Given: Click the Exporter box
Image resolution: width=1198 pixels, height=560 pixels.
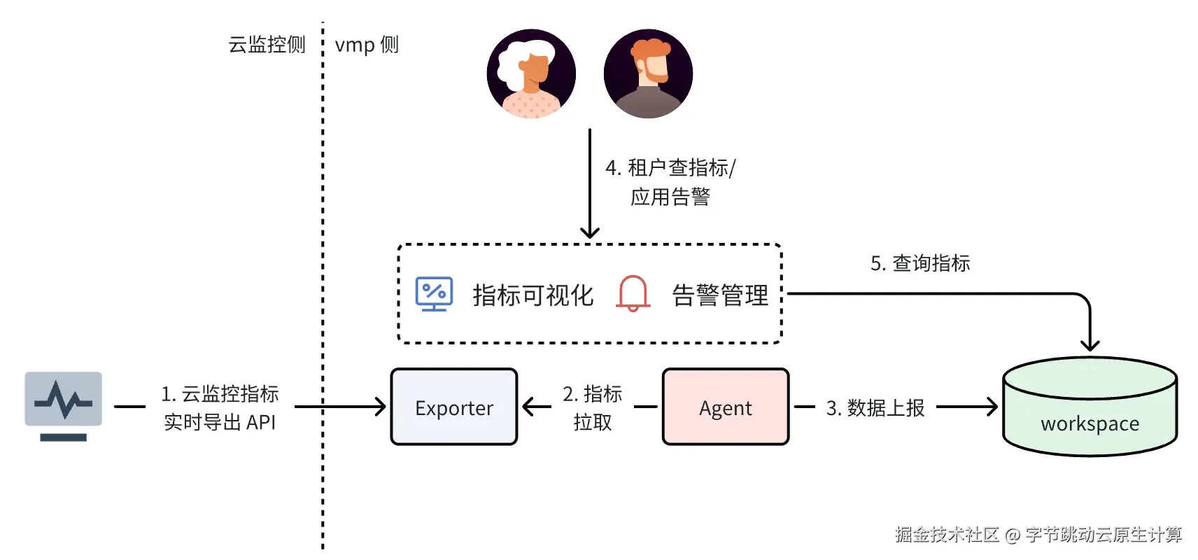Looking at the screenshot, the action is (x=454, y=407).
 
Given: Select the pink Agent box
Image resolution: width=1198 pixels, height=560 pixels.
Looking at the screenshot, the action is (x=726, y=407).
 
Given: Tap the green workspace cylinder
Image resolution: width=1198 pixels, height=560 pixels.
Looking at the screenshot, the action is (x=1090, y=407).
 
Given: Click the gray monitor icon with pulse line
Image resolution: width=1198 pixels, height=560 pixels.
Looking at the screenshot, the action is (x=63, y=407).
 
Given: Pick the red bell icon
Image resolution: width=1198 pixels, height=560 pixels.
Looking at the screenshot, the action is (x=633, y=293).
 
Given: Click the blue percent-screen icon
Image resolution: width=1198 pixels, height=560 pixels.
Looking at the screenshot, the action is (x=435, y=293).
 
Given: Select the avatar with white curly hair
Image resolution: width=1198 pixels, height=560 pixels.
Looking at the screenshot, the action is (x=531, y=73).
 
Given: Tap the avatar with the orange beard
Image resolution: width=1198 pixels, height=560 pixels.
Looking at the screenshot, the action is (x=648, y=73).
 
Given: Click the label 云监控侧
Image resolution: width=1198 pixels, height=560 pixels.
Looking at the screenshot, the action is (x=267, y=44).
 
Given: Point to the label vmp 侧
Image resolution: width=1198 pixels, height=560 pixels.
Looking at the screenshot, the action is (x=367, y=45).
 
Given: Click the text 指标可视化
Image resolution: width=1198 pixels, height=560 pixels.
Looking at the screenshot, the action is (x=533, y=295).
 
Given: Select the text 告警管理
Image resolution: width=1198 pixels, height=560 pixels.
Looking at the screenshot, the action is (x=720, y=295).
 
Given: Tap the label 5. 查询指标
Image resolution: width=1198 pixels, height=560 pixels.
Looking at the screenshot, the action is (x=920, y=263).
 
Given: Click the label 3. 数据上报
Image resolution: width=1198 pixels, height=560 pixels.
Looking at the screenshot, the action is (x=875, y=408).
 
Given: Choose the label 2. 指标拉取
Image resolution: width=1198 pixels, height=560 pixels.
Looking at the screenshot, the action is (x=593, y=408).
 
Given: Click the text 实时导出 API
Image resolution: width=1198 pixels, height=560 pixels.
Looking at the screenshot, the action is (x=220, y=422).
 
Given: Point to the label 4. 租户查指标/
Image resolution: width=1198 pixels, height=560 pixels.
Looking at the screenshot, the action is (x=670, y=168).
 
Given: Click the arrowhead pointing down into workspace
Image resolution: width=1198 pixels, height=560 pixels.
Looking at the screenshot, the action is (x=1090, y=346).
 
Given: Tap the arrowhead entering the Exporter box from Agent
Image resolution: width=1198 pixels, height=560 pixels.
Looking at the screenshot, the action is (x=528, y=407).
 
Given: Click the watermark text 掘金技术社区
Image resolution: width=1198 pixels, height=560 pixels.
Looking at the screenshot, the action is (x=947, y=534).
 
